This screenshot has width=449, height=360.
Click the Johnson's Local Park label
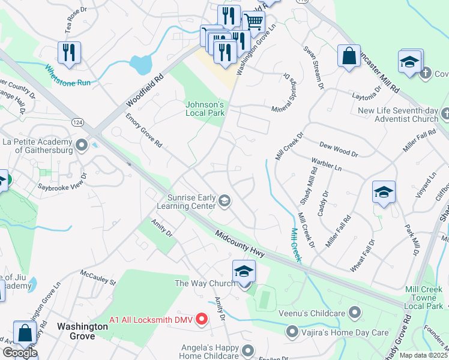[x=203, y=109]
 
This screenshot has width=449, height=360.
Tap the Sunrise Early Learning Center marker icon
[x=224, y=200]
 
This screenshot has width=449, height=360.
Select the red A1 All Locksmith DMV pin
[x=202, y=319]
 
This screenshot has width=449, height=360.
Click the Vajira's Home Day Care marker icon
[x=292, y=331]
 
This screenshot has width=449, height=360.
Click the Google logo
[x=19, y=352]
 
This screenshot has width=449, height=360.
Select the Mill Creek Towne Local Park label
[x=423, y=298]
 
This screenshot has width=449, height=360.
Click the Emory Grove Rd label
[x=143, y=131]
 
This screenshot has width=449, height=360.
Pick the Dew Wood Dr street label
[x=338, y=149]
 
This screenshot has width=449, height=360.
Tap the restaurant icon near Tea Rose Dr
[x=70, y=52]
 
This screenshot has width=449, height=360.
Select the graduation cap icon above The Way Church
[x=244, y=271]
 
